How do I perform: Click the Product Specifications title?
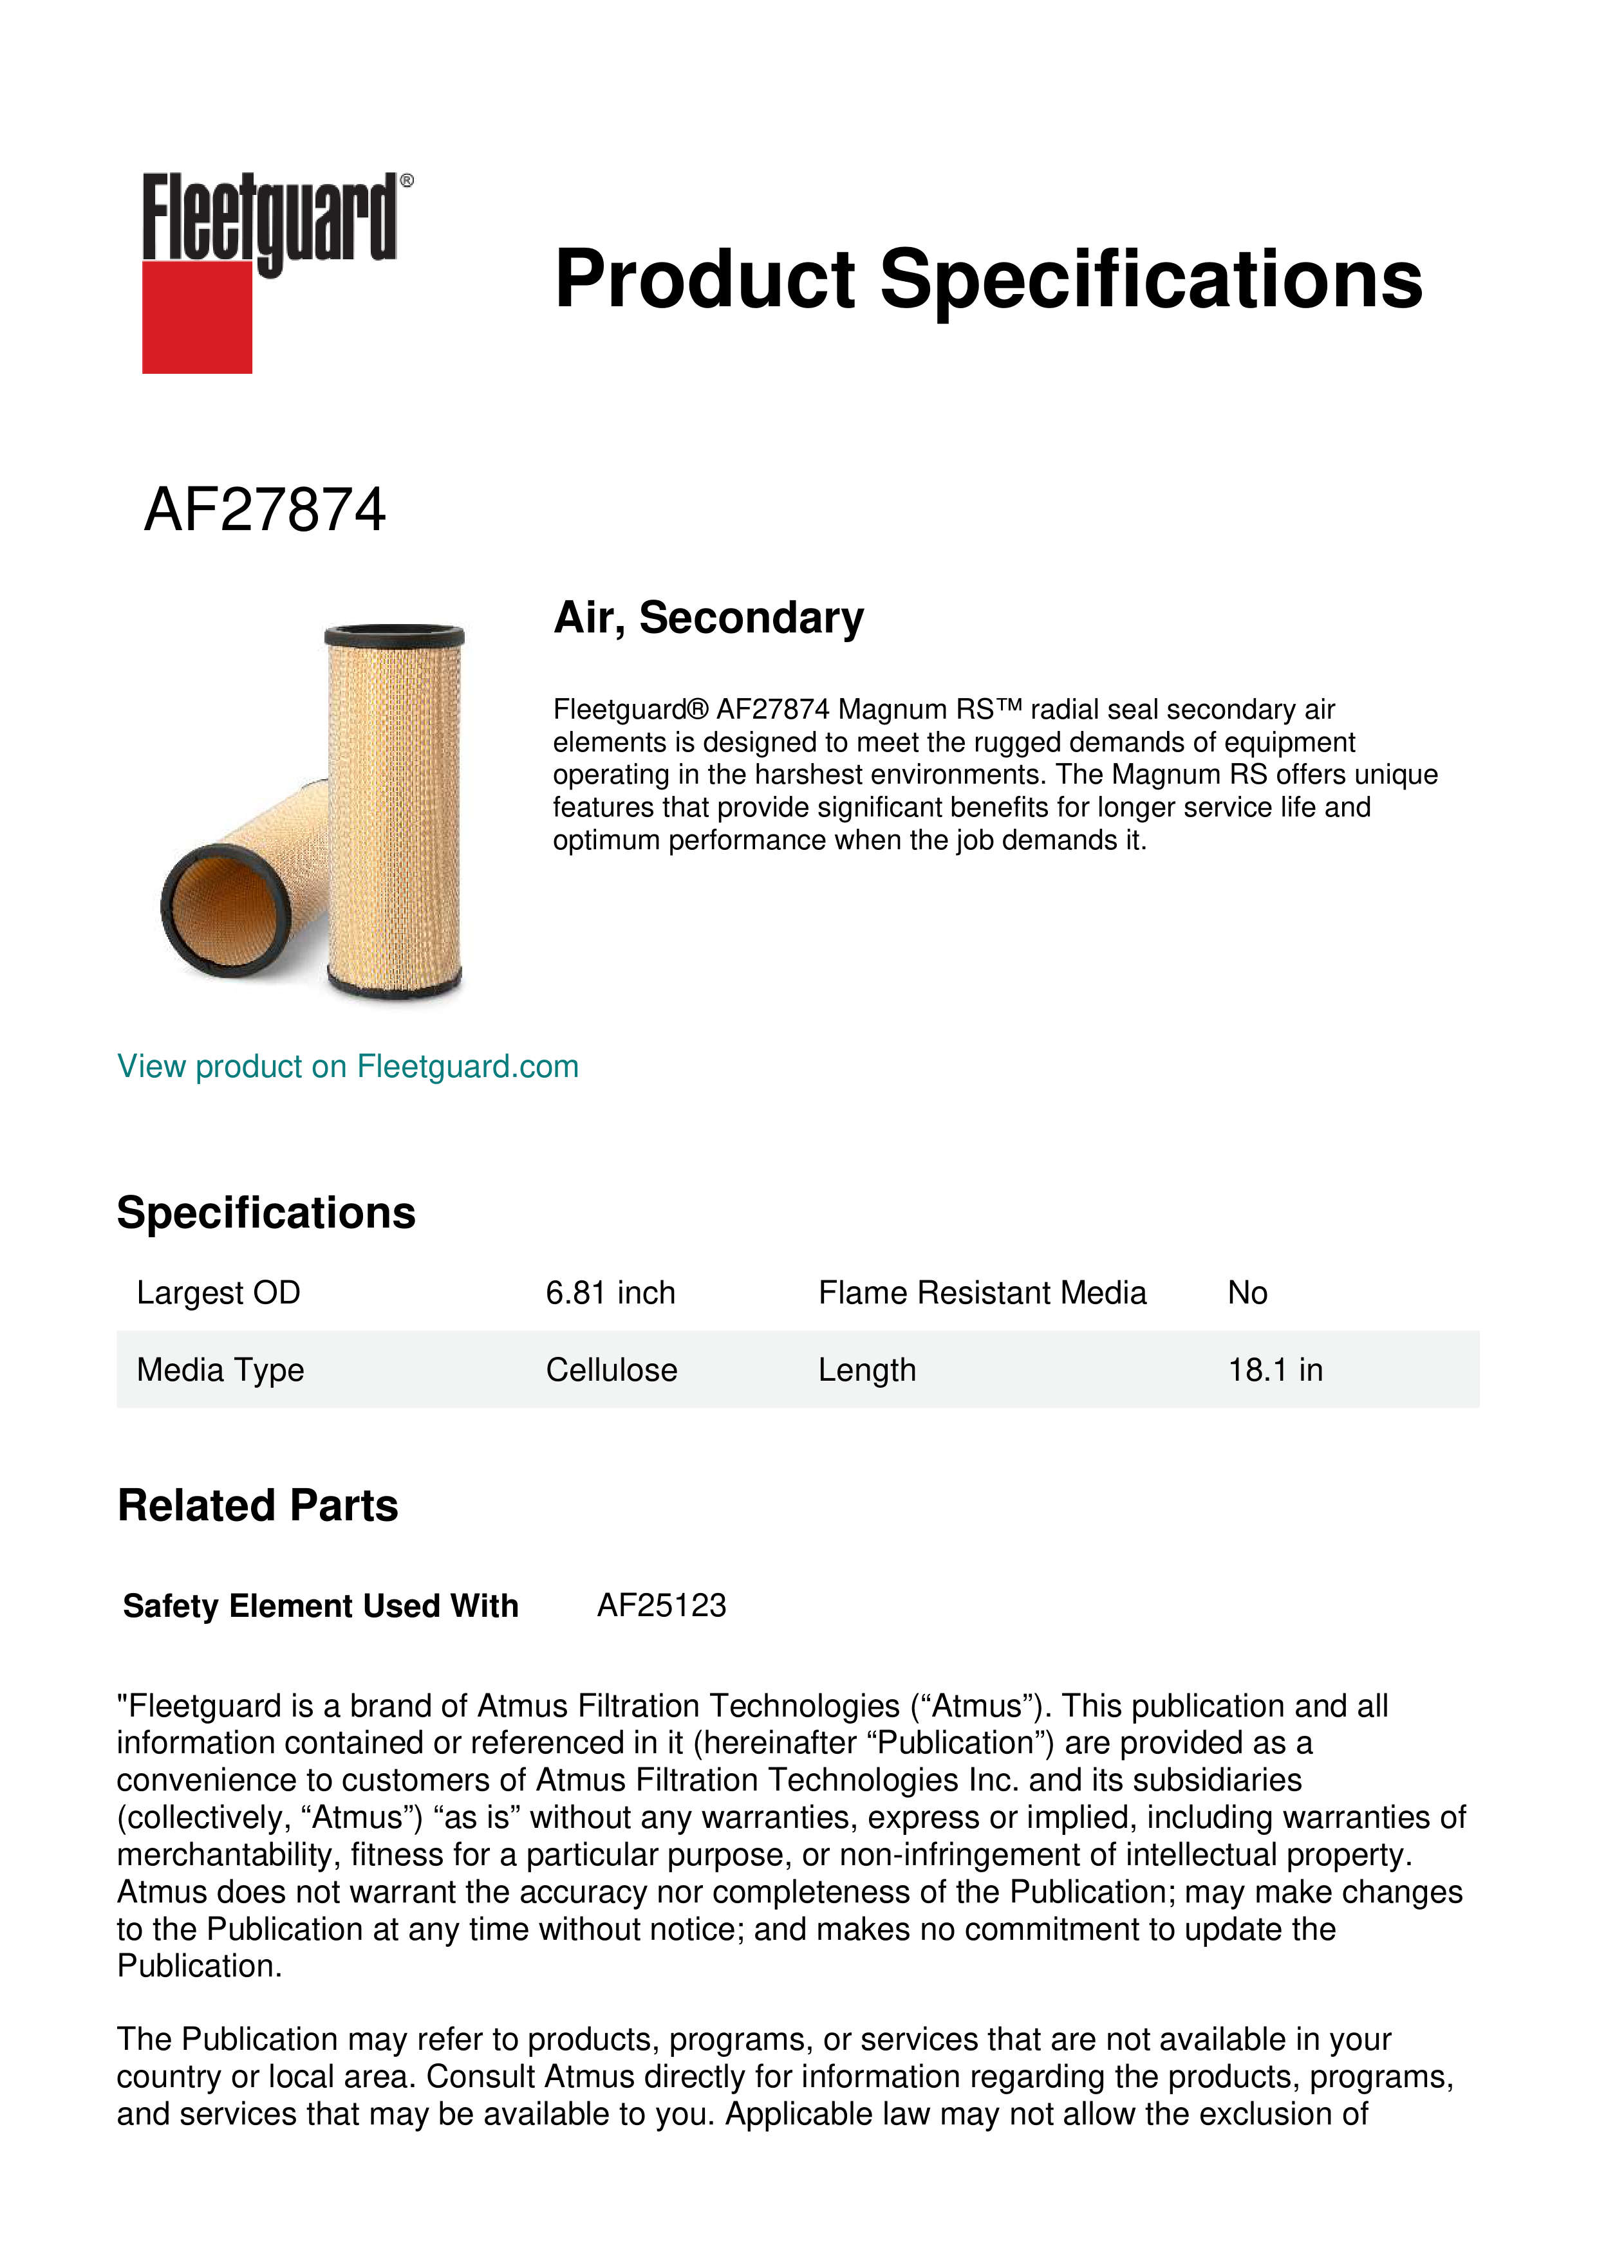[x=987, y=279]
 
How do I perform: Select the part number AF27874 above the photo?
[x=265, y=510]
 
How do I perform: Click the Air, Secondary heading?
[x=708, y=618]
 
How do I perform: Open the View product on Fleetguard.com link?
[x=347, y=1067]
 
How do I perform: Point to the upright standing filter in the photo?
[x=393, y=816]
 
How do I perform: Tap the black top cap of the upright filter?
[x=393, y=633]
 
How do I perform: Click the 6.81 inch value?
[x=610, y=1293]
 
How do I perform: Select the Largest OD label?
[x=218, y=1293]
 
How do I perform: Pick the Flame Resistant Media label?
[x=982, y=1293]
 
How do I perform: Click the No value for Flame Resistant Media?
[x=1247, y=1293]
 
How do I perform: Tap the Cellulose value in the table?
[x=611, y=1369]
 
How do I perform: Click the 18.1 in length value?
[x=1275, y=1369]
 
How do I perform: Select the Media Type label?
[x=220, y=1369]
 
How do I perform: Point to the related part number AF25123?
[x=661, y=1605]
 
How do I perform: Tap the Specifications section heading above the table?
[x=265, y=1213]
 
